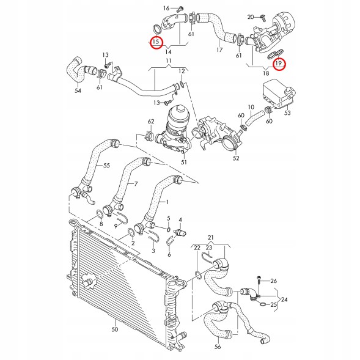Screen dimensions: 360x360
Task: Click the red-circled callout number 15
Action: pyautogui.click(x=156, y=42)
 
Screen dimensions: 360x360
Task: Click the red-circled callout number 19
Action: pyautogui.click(x=279, y=63)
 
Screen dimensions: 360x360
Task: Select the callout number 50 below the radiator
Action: pyautogui.click(x=115, y=329)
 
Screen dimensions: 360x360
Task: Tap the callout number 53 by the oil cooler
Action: pyautogui.click(x=287, y=112)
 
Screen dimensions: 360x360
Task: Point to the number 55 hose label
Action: pyautogui.click(x=106, y=165)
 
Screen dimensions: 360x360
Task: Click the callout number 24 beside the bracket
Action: pyautogui.click(x=284, y=299)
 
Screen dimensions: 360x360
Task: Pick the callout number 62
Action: pyautogui.click(x=151, y=122)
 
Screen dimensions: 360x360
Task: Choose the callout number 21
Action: pyautogui.click(x=210, y=237)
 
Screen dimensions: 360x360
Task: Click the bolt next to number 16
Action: pyautogui.click(x=180, y=9)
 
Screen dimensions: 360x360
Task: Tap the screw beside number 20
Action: pyautogui.click(x=263, y=17)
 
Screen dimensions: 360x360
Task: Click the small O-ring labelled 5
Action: pyautogui.click(x=169, y=230)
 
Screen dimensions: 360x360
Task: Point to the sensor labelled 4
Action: pyautogui.click(x=180, y=232)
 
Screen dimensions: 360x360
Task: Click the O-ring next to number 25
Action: pyautogui.click(x=263, y=304)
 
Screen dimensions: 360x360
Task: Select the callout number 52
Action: pyautogui.click(x=236, y=158)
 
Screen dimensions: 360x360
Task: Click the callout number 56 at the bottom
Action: pyautogui.click(x=218, y=346)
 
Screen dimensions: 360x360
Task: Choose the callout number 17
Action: pyautogui.click(x=219, y=50)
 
